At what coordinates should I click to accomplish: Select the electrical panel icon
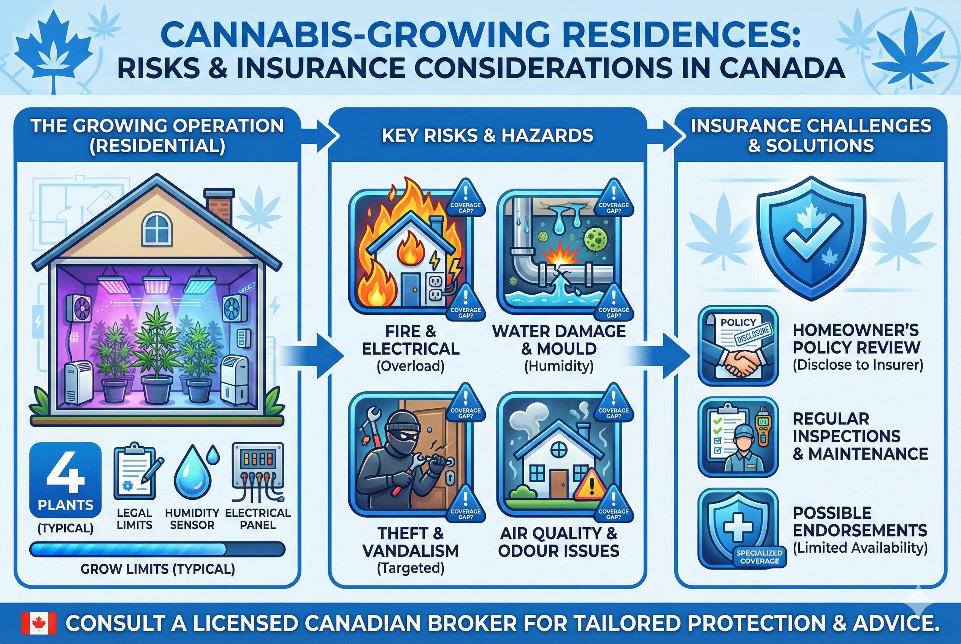258,472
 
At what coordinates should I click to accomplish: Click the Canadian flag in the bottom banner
39,623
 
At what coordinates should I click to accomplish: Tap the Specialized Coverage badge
760,557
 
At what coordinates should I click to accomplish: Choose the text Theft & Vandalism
411,542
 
